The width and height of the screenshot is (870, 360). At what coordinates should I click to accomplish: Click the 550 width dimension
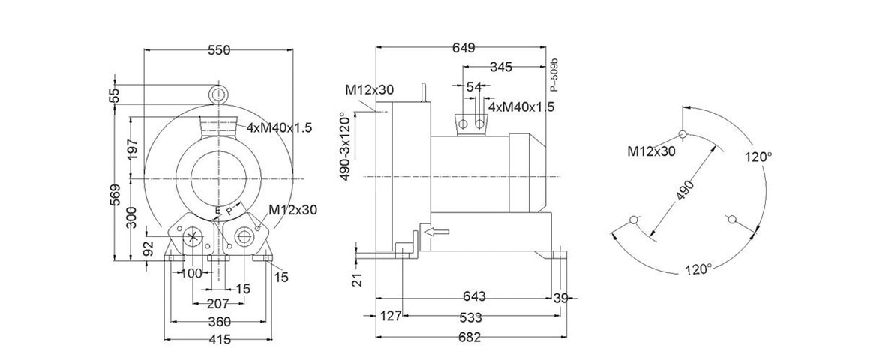pyautogui.click(x=218, y=50)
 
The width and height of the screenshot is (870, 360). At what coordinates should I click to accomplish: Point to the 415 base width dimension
pyautogui.click(x=218, y=340)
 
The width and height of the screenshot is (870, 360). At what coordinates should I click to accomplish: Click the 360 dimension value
pyautogui.click(x=218, y=322)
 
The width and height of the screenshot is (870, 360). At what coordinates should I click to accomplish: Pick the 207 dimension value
pyautogui.click(x=218, y=304)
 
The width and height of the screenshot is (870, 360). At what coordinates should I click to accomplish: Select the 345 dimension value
pyautogui.click(x=500, y=67)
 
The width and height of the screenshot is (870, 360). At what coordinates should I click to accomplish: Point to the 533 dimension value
pyautogui.click(x=470, y=316)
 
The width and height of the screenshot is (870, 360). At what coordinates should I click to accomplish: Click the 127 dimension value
pyautogui.click(x=388, y=316)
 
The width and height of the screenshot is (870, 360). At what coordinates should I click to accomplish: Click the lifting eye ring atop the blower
pyautogui.click(x=218, y=94)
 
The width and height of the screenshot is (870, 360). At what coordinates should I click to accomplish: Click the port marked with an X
pyautogui.click(x=193, y=238)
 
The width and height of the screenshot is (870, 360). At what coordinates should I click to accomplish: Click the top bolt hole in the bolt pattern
pyautogui.click(x=682, y=135)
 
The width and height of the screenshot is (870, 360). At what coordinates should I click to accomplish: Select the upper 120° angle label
pyautogui.click(x=757, y=157)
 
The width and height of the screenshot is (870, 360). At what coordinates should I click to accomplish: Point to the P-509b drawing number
pyautogui.click(x=554, y=75)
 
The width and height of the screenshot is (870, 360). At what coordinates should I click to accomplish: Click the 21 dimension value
pyautogui.click(x=358, y=279)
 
